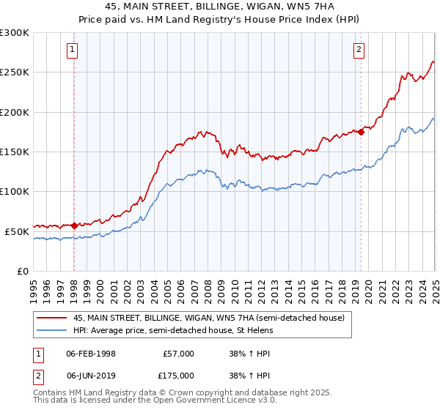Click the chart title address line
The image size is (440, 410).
pos(220,6)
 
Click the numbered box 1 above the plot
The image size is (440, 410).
pos(73,50)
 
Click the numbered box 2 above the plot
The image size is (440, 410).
pos(359,50)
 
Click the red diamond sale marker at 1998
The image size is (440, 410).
pos(75,225)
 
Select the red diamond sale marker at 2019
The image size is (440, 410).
pos(362,132)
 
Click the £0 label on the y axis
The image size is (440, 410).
pos(23,271)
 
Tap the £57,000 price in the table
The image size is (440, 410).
pos(178,354)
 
